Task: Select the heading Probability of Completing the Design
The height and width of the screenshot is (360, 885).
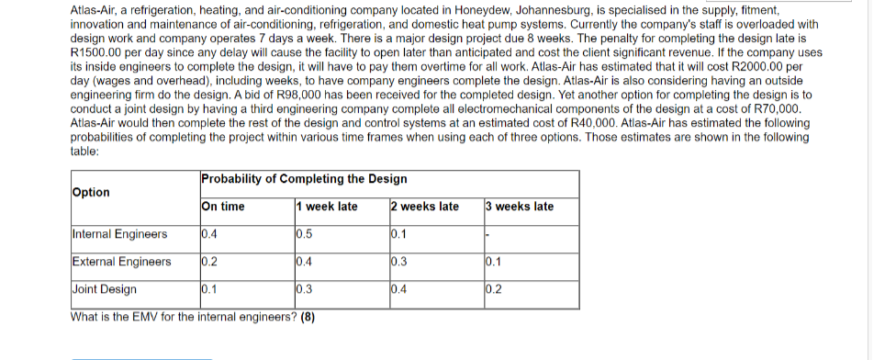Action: click(x=291, y=178)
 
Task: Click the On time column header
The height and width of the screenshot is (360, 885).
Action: click(x=222, y=207)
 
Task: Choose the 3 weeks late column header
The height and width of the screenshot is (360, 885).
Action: click(x=520, y=207)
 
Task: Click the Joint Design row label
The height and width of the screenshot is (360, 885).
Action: click(x=104, y=289)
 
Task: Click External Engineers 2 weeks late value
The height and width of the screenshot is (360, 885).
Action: click(x=399, y=262)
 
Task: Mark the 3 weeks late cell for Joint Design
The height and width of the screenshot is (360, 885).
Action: click(x=494, y=289)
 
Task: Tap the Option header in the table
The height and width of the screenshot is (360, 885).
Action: click(x=90, y=193)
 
